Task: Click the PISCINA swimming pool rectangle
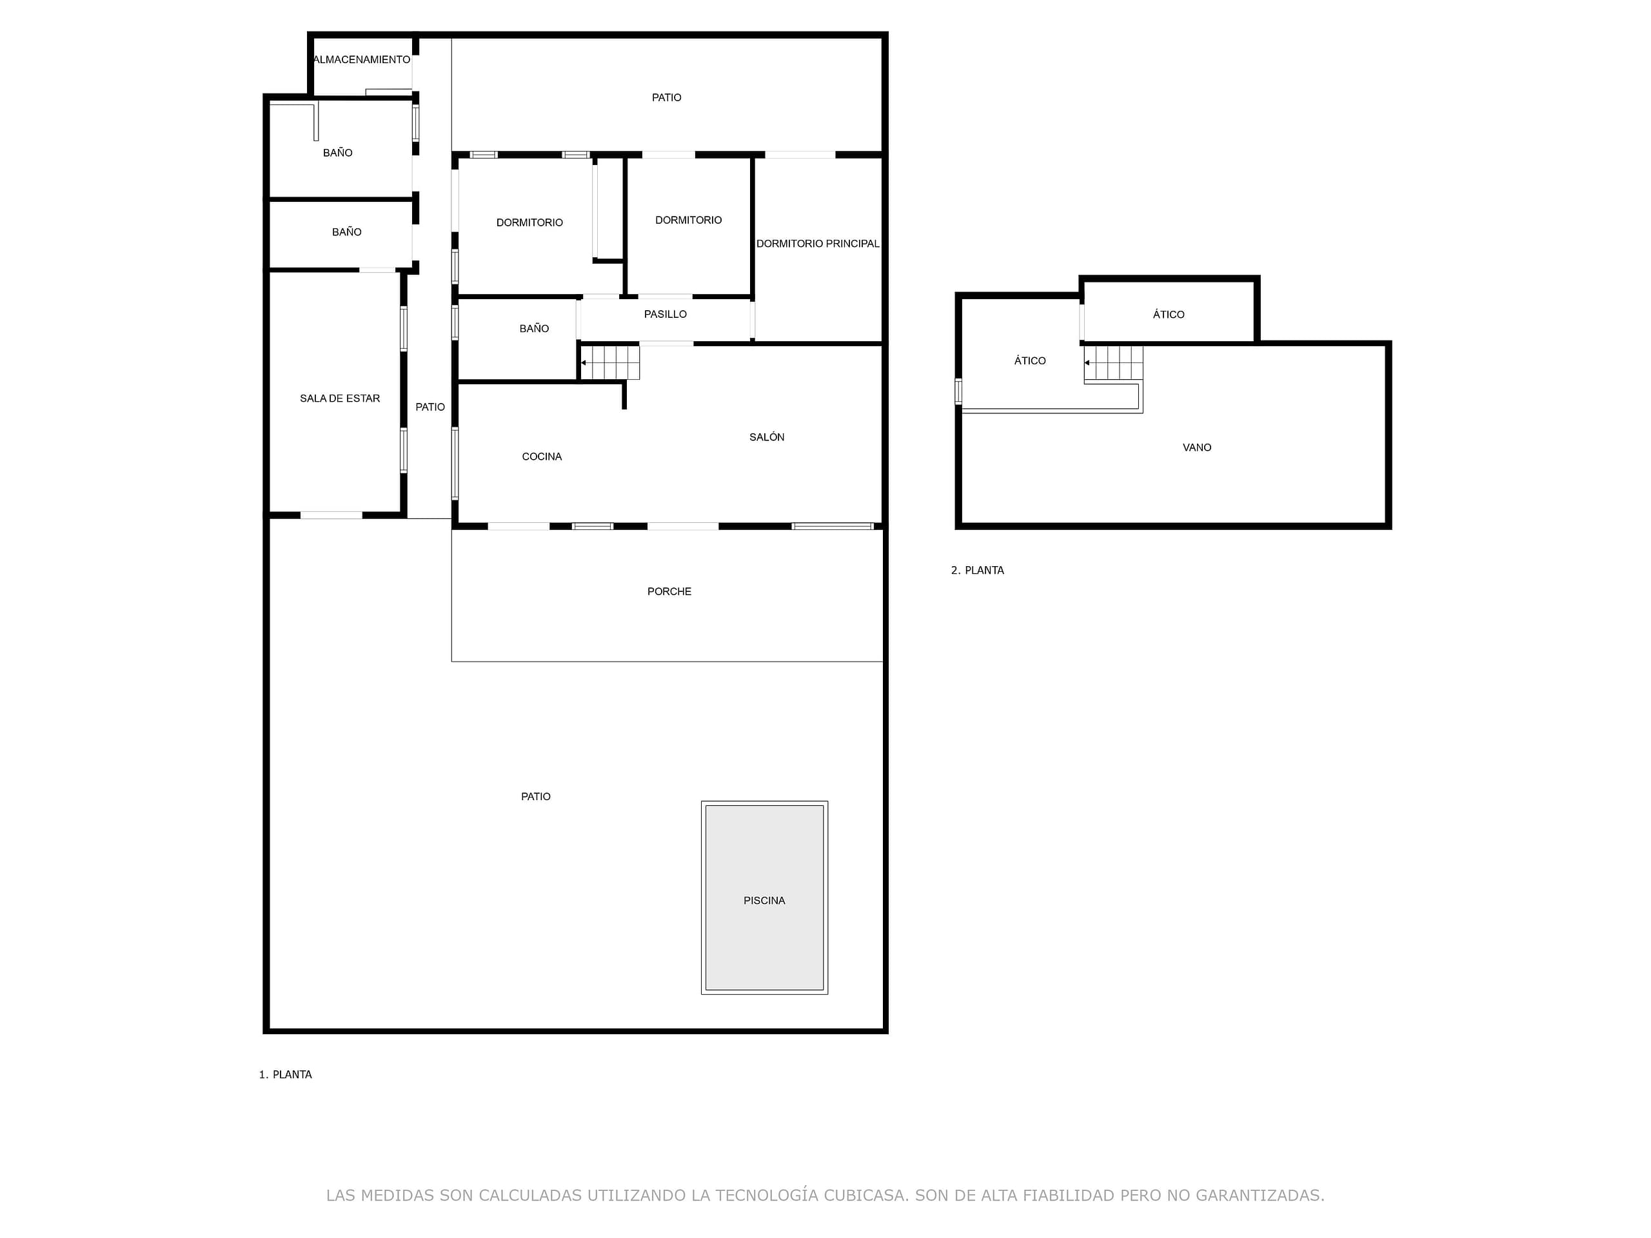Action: click(x=764, y=898)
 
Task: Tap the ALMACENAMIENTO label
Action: click(x=362, y=60)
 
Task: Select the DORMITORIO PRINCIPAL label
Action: click(x=818, y=244)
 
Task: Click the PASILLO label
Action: click(x=665, y=314)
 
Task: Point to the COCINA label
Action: click(x=542, y=457)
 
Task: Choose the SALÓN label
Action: click(x=767, y=437)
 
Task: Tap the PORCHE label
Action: click(x=669, y=592)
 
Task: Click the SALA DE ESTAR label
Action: click(x=340, y=398)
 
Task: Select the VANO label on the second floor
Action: click(x=1196, y=447)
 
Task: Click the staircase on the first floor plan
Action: click(x=610, y=362)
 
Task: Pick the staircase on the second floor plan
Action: click(x=1114, y=364)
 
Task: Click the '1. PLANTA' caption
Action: click(x=285, y=1075)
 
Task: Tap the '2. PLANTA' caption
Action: click(x=977, y=570)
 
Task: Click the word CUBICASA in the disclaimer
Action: click(x=865, y=1195)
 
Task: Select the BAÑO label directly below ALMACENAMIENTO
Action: click(x=337, y=153)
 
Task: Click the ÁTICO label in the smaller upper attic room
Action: click(x=1168, y=314)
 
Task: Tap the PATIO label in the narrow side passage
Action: click(x=430, y=408)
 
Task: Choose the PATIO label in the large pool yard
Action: click(x=535, y=797)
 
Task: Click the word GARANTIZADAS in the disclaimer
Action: click(x=1260, y=1195)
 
